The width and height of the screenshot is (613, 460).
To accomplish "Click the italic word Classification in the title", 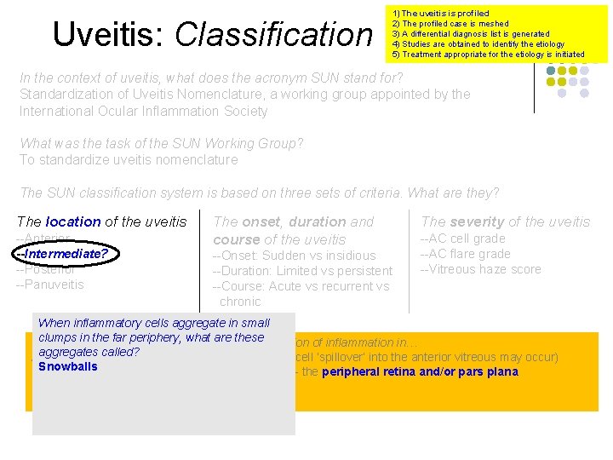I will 274,34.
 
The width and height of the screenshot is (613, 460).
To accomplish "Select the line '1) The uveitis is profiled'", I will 440,14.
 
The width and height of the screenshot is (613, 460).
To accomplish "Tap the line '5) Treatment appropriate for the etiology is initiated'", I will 488,55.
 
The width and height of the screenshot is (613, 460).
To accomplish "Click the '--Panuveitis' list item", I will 50,285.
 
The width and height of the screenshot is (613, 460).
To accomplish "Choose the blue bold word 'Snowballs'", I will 68,367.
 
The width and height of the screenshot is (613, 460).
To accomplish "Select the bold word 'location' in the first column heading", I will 72,221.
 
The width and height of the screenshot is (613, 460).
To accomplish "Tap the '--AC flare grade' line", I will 465,254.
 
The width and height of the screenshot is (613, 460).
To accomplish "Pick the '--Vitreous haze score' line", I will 480,269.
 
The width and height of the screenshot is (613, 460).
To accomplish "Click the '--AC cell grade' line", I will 462,239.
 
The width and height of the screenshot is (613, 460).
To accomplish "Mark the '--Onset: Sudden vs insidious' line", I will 294,256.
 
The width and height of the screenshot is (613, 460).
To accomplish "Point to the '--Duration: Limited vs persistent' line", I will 302,271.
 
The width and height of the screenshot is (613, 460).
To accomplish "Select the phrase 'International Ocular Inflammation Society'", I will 143,111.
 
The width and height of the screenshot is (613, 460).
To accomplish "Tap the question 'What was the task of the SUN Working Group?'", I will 162,143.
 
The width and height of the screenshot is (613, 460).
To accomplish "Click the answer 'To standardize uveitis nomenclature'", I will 129,159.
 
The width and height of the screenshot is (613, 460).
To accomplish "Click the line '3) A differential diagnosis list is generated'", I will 470,34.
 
